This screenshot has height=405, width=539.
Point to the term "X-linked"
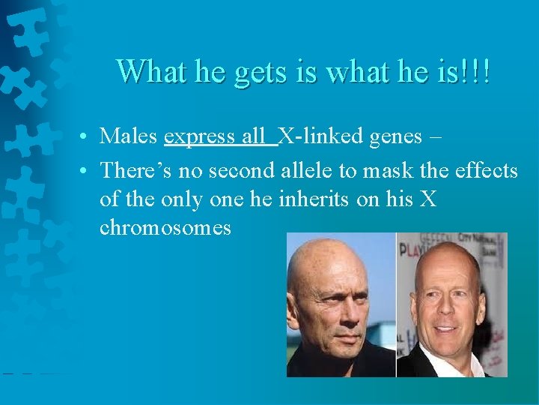318,136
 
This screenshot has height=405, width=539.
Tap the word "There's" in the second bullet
135,171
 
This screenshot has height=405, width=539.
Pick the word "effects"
484,171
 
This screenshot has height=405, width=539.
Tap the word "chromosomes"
165,228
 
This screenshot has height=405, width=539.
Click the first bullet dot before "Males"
88,137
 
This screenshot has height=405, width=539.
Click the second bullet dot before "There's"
88,172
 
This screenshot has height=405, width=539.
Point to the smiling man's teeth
445,327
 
